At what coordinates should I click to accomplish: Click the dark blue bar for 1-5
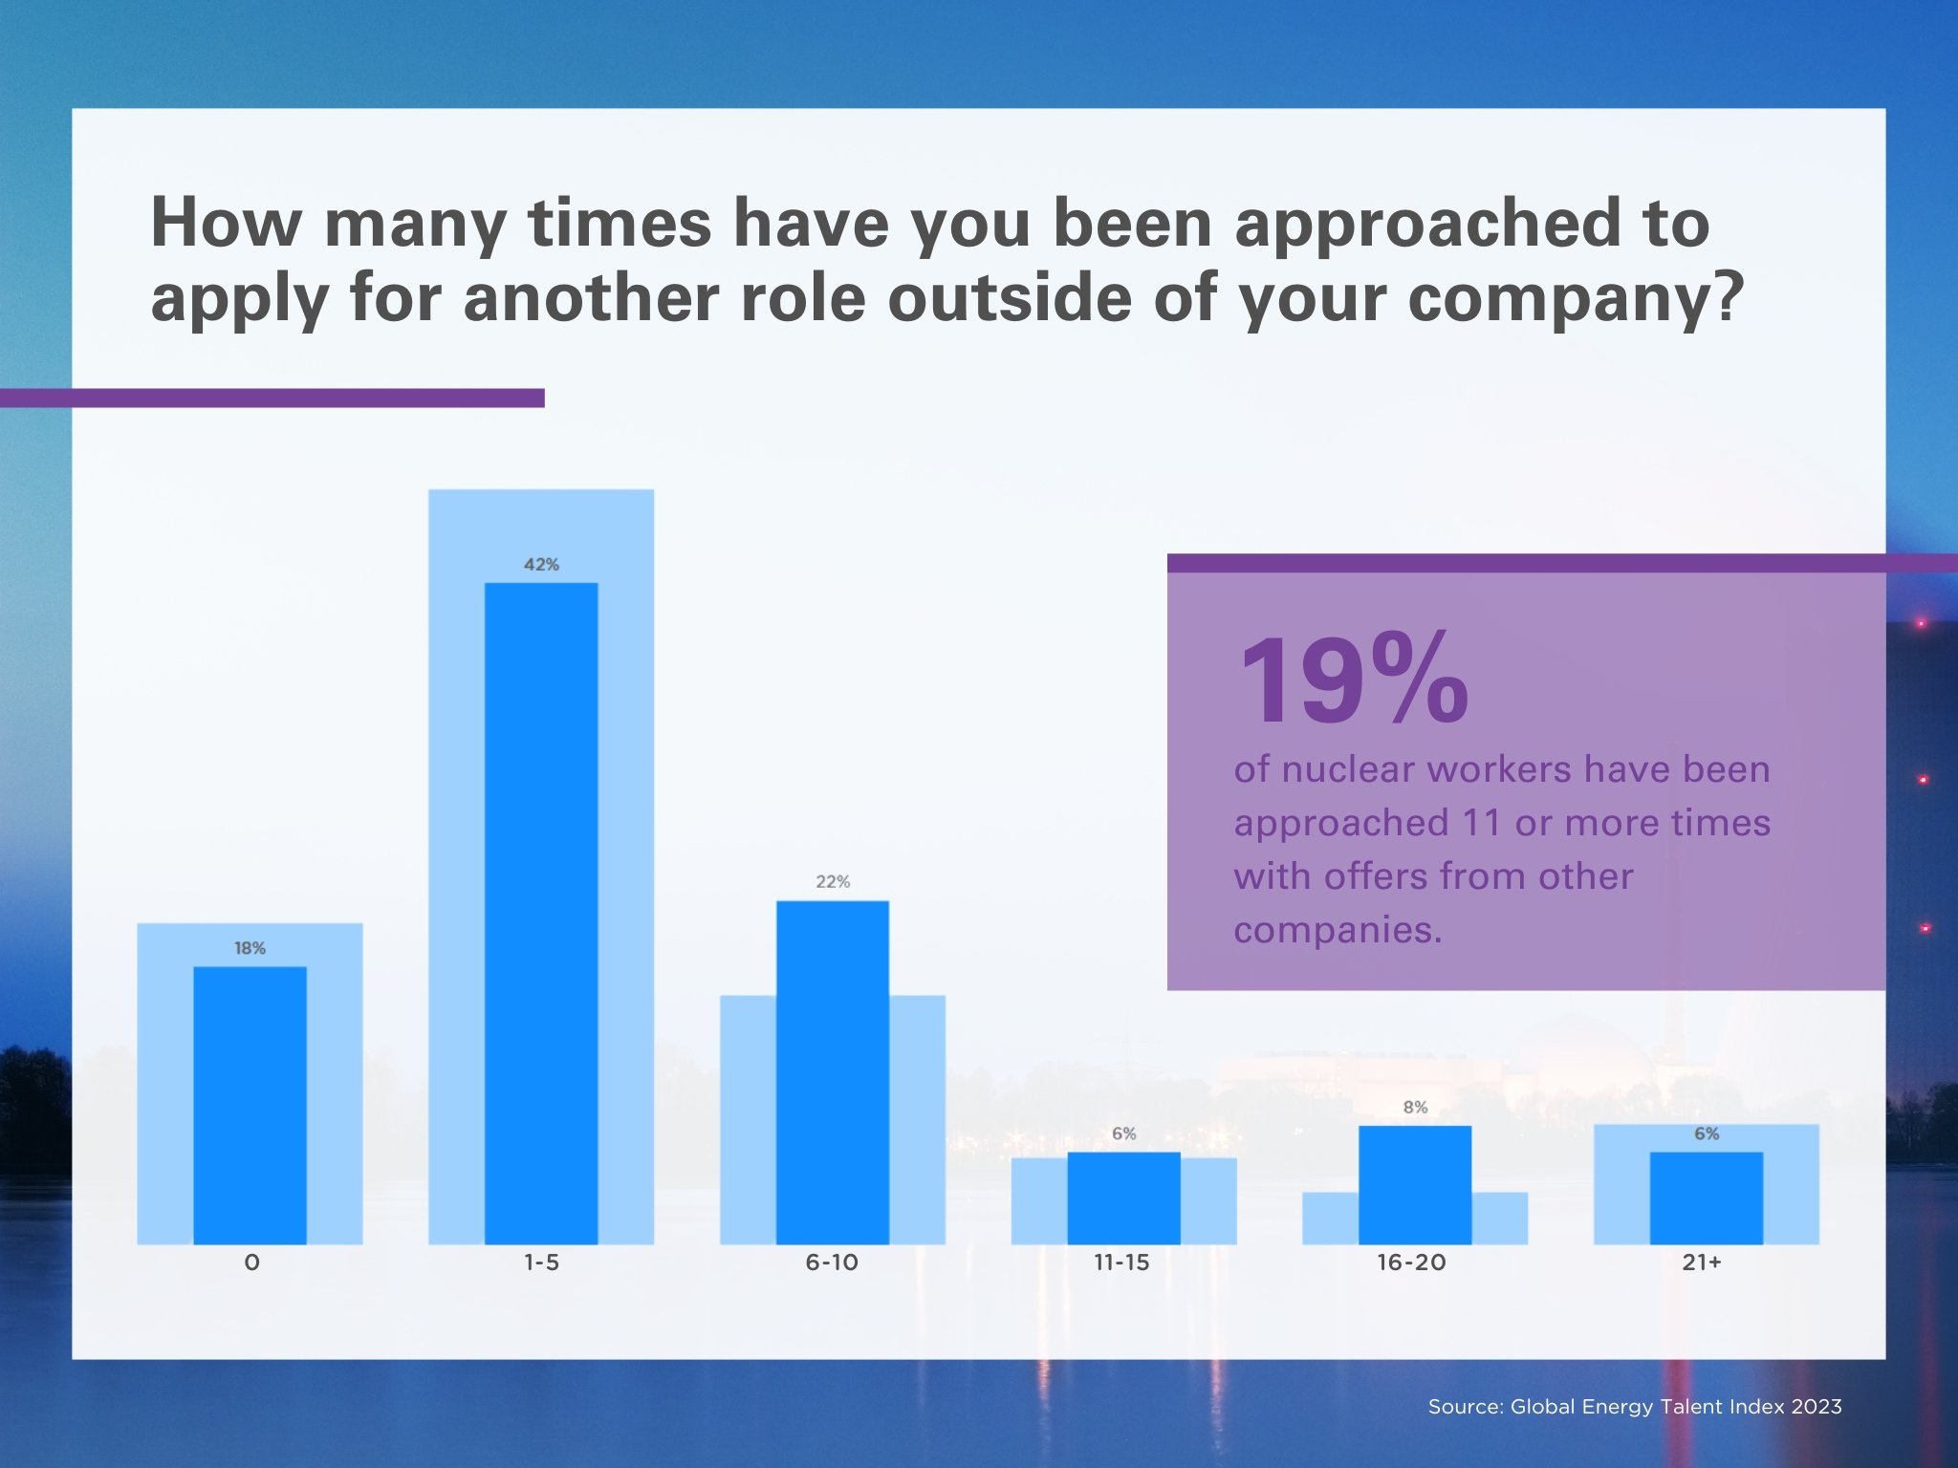click(541, 913)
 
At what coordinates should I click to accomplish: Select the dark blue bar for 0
click(250, 1105)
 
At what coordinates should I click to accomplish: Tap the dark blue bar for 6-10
click(832, 1071)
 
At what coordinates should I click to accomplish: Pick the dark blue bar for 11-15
click(1123, 1198)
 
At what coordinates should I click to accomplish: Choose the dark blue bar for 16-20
click(1414, 1184)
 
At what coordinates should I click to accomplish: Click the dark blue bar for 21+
click(1706, 1198)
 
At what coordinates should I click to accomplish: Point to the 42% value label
click(541, 565)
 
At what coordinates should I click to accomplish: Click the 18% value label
click(250, 948)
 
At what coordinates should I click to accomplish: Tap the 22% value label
click(832, 881)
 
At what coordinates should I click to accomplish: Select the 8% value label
click(1415, 1108)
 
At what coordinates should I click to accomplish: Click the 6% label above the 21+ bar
click(1707, 1133)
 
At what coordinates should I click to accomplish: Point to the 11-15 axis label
click(1121, 1263)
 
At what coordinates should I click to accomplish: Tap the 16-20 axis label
click(1411, 1263)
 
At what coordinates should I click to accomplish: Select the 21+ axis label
click(1702, 1263)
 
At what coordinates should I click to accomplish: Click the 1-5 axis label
click(541, 1263)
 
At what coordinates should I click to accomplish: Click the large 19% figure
click(1352, 681)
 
